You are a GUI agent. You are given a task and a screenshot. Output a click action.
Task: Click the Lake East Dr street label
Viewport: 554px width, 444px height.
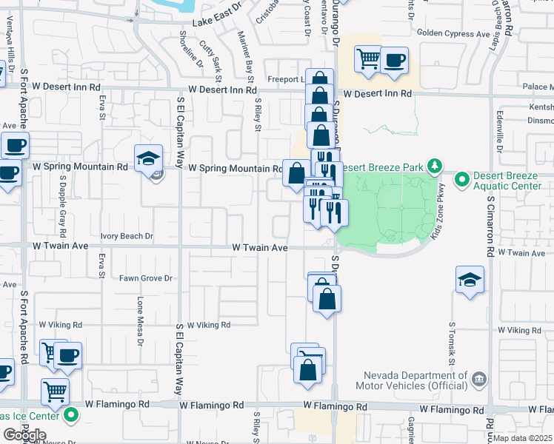click(217, 23)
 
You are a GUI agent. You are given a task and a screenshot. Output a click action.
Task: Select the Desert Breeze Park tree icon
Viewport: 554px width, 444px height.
click(437, 166)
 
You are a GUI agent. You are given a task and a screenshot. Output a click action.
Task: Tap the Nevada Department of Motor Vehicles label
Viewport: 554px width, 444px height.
click(418, 380)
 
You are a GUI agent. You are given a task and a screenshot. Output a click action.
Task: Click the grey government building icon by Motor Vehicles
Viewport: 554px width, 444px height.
click(478, 380)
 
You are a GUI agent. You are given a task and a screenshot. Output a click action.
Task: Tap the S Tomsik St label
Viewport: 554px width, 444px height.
click(450, 343)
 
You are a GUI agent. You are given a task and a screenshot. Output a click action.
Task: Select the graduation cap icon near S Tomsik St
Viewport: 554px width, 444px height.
click(470, 279)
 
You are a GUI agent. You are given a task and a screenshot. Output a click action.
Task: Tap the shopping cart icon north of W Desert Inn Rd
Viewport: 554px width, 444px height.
click(368, 58)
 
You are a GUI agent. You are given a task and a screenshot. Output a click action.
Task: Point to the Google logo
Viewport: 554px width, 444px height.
click(24, 435)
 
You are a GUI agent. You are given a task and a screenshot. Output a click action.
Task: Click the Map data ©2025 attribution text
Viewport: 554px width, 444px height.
click(522, 438)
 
